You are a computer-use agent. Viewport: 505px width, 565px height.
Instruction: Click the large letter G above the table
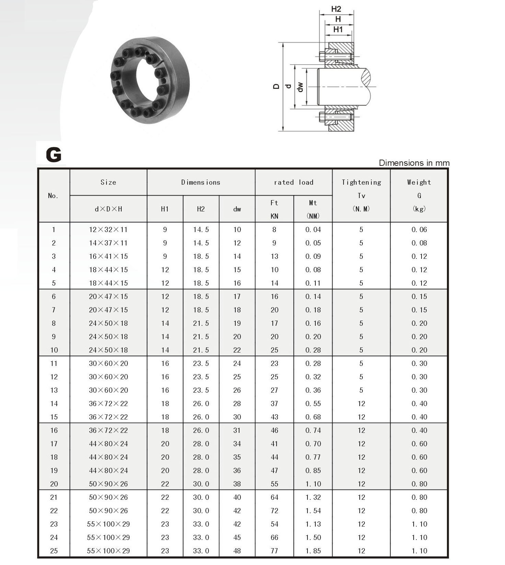click(54, 155)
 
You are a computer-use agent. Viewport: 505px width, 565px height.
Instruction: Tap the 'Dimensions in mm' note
click(414, 163)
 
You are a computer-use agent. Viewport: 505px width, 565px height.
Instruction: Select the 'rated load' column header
click(293, 182)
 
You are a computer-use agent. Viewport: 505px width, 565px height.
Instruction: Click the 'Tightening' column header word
click(361, 182)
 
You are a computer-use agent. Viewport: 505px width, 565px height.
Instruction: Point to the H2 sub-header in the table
click(201, 209)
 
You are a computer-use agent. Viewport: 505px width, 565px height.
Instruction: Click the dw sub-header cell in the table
click(237, 209)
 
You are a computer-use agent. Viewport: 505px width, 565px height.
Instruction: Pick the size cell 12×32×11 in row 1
click(108, 230)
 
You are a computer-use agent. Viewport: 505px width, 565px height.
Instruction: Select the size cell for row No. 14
click(108, 404)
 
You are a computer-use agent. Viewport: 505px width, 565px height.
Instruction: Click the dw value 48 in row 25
click(237, 551)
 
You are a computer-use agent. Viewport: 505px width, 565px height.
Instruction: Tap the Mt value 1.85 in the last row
click(313, 551)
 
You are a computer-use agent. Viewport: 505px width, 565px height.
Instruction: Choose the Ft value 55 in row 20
click(274, 484)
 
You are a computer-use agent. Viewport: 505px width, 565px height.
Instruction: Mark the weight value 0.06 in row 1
click(419, 230)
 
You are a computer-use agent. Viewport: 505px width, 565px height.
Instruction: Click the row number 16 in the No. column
click(54, 430)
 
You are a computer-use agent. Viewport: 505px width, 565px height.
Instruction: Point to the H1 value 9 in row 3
click(165, 256)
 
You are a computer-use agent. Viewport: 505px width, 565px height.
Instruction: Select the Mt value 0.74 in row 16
click(313, 430)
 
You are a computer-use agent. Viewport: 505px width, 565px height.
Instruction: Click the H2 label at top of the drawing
click(336, 9)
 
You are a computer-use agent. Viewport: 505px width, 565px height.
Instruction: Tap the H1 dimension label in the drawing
click(338, 30)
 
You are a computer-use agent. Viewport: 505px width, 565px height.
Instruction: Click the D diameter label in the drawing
click(276, 87)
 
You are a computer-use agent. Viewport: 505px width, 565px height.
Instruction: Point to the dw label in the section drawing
click(300, 87)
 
